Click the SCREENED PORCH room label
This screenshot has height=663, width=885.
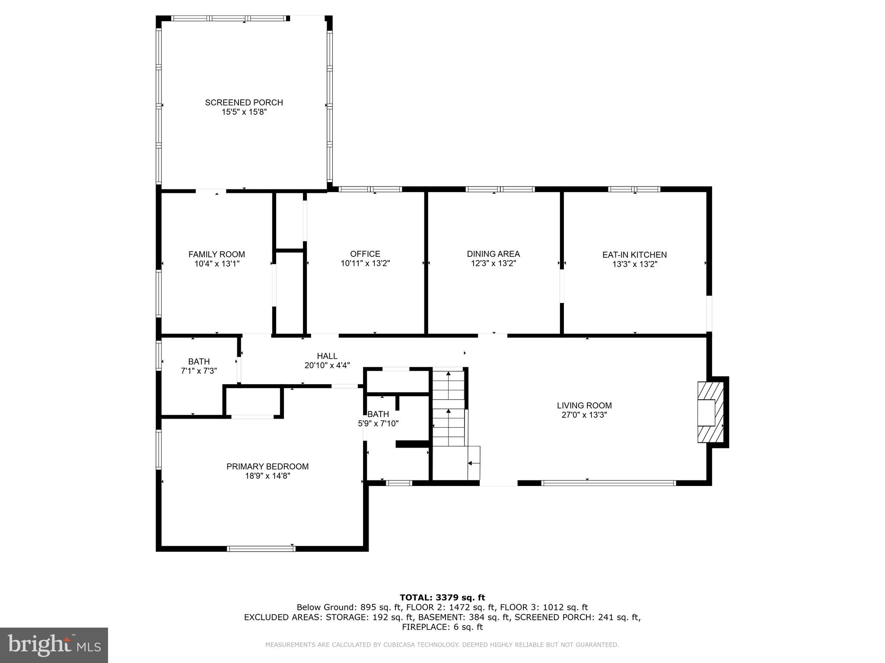[x=244, y=102]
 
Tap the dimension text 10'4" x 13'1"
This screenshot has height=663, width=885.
[x=216, y=264]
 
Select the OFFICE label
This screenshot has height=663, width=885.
[x=365, y=254]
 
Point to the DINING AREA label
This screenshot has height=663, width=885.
[x=493, y=254]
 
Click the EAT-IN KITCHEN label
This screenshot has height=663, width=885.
[x=634, y=255]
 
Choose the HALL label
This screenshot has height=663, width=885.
[x=327, y=356]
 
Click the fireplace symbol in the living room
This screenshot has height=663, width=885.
[x=710, y=412]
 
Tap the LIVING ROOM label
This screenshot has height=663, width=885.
[x=584, y=405]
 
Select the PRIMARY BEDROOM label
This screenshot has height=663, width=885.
[x=267, y=466]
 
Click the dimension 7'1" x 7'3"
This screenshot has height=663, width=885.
[x=199, y=371]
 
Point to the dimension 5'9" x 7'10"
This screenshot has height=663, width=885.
[x=378, y=423]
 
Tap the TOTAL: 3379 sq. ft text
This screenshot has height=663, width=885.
[x=442, y=597]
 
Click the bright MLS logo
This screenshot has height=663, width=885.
[x=54, y=645]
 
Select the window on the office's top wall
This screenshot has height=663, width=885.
[x=370, y=189]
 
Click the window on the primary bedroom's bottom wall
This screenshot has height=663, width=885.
[x=261, y=549]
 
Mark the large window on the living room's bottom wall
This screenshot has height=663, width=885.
[x=608, y=483]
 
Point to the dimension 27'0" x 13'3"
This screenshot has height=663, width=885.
[x=584, y=415]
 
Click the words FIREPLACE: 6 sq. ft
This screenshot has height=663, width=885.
[x=442, y=627]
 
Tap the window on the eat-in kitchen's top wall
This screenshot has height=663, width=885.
[x=634, y=189]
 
